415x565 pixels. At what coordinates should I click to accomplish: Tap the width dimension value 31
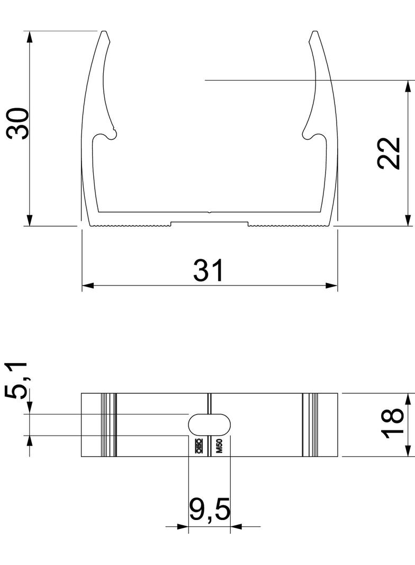click(209, 271)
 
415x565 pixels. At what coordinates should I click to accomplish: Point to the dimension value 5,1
click(16, 380)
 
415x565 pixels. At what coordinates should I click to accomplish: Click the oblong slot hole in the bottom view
click(210, 425)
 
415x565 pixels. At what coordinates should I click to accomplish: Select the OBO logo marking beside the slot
click(199, 447)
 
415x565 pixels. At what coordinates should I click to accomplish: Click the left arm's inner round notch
click(111, 135)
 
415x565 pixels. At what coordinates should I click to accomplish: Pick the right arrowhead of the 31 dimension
click(332, 286)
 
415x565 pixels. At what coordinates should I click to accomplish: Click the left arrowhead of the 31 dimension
click(88, 286)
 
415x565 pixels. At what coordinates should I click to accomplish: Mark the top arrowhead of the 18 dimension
click(408, 399)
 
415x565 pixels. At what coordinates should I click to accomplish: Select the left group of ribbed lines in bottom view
click(109, 425)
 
